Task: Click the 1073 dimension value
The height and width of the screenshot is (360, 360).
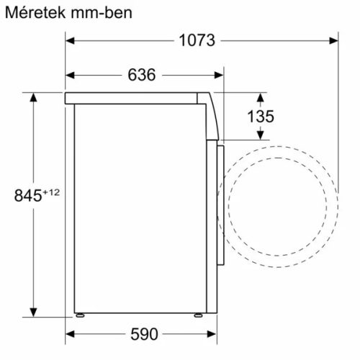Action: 197,40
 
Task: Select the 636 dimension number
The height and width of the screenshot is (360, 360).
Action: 143,74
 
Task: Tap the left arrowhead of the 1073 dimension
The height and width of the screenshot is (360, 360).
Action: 71,40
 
